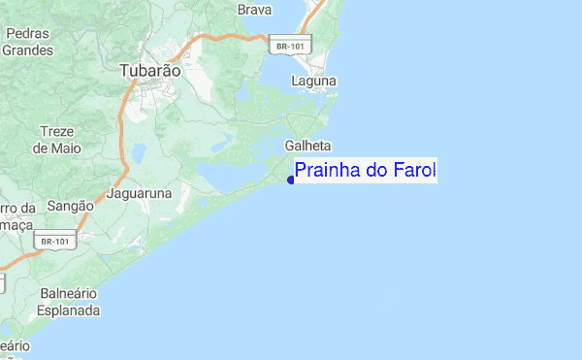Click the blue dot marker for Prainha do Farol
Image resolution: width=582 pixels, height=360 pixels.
(x=291, y=180)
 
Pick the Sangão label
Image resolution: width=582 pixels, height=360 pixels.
(x=70, y=206)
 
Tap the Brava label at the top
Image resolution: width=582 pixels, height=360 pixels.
(x=253, y=10)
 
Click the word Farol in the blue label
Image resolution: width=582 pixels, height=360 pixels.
(x=414, y=172)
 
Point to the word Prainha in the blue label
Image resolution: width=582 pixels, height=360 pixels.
(x=329, y=172)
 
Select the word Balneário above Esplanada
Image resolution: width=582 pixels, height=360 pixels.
(x=69, y=294)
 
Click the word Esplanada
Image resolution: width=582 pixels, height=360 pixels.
(x=69, y=311)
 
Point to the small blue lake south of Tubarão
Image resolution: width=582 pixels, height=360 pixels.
(x=138, y=152)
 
